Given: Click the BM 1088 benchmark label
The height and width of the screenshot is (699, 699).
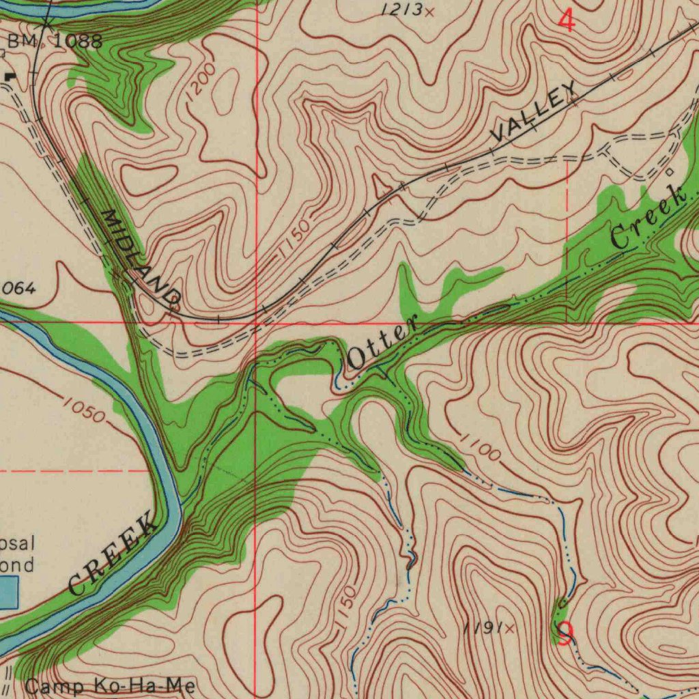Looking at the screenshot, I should tap(55, 41).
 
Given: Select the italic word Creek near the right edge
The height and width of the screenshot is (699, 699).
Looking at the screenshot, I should tap(648, 217).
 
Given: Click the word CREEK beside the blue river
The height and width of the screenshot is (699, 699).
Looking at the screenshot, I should tap(113, 556).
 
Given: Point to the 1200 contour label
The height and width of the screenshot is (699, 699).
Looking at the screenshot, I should tap(200, 82).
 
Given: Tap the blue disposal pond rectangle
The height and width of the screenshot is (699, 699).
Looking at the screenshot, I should tap(8, 592).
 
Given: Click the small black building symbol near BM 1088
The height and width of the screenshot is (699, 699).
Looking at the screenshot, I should tap(9, 77).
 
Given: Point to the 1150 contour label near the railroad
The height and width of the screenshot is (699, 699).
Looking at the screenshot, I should tap(294, 240).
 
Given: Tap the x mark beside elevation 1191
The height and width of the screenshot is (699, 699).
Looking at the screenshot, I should tap(509, 628).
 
